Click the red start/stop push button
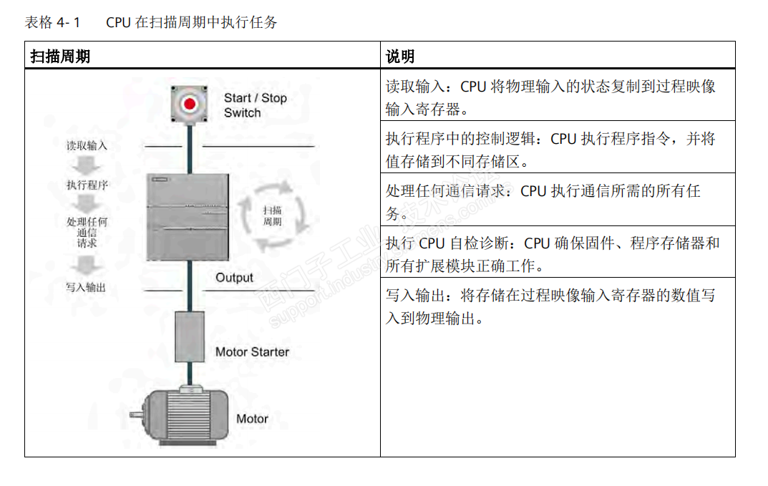pyautogui.click(x=190, y=105)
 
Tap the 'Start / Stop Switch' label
pyautogui.click(x=254, y=105)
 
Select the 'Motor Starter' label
pyautogui.click(x=252, y=352)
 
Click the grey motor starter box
pyautogui.click(x=190, y=336)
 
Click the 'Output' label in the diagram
pyautogui.click(x=234, y=278)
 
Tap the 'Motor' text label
pyautogui.click(x=252, y=419)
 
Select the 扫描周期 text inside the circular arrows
pyautogui.click(x=272, y=215)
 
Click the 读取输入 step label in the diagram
pyautogui.click(x=87, y=145)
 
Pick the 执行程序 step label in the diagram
pyautogui.click(x=87, y=185)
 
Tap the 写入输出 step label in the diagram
pyautogui.click(x=86, y=287)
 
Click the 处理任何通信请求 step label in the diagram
pyautogui.click(x=87, y=233)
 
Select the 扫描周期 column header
pyautogui.click(x=60, y=56)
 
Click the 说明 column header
pyautogui.click(x=400, y=56)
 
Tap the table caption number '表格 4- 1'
pyautogui.click(x=52, y=22)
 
